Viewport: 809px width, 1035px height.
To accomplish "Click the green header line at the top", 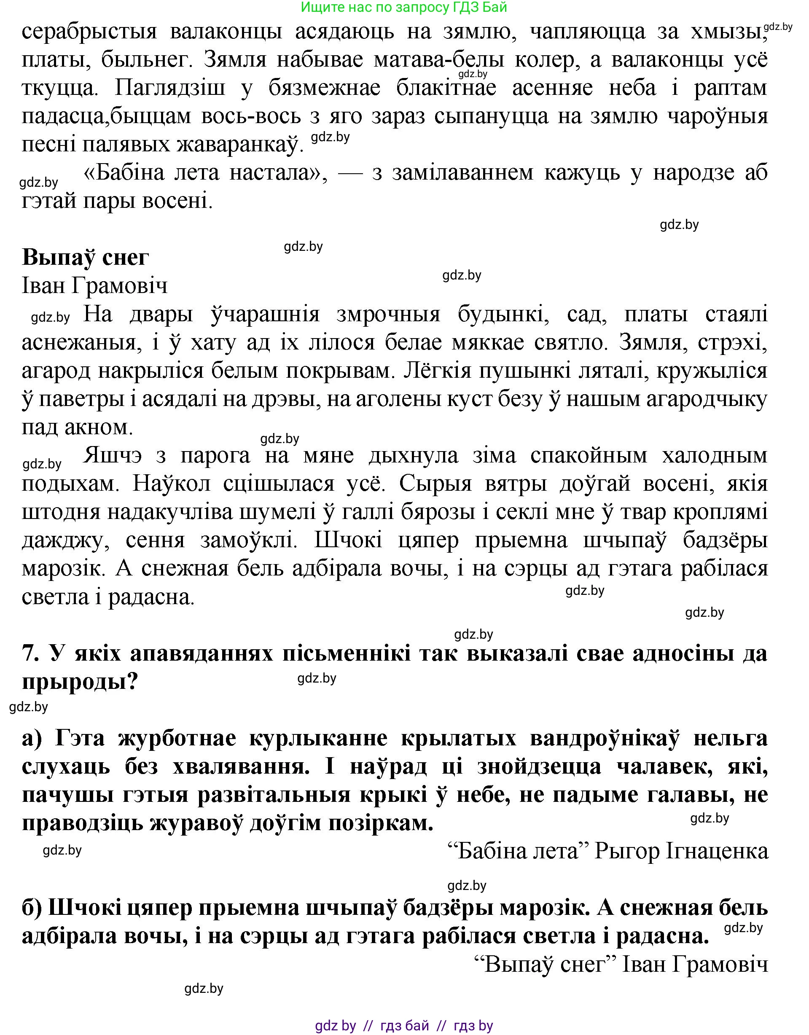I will [404, 7].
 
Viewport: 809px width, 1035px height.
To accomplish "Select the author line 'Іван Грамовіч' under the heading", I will [95, 286].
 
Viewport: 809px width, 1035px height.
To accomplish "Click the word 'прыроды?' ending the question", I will [80, 681].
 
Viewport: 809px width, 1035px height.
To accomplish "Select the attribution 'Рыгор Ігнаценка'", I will [680, 852].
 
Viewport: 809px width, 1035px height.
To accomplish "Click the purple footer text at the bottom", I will [404, 1023].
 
